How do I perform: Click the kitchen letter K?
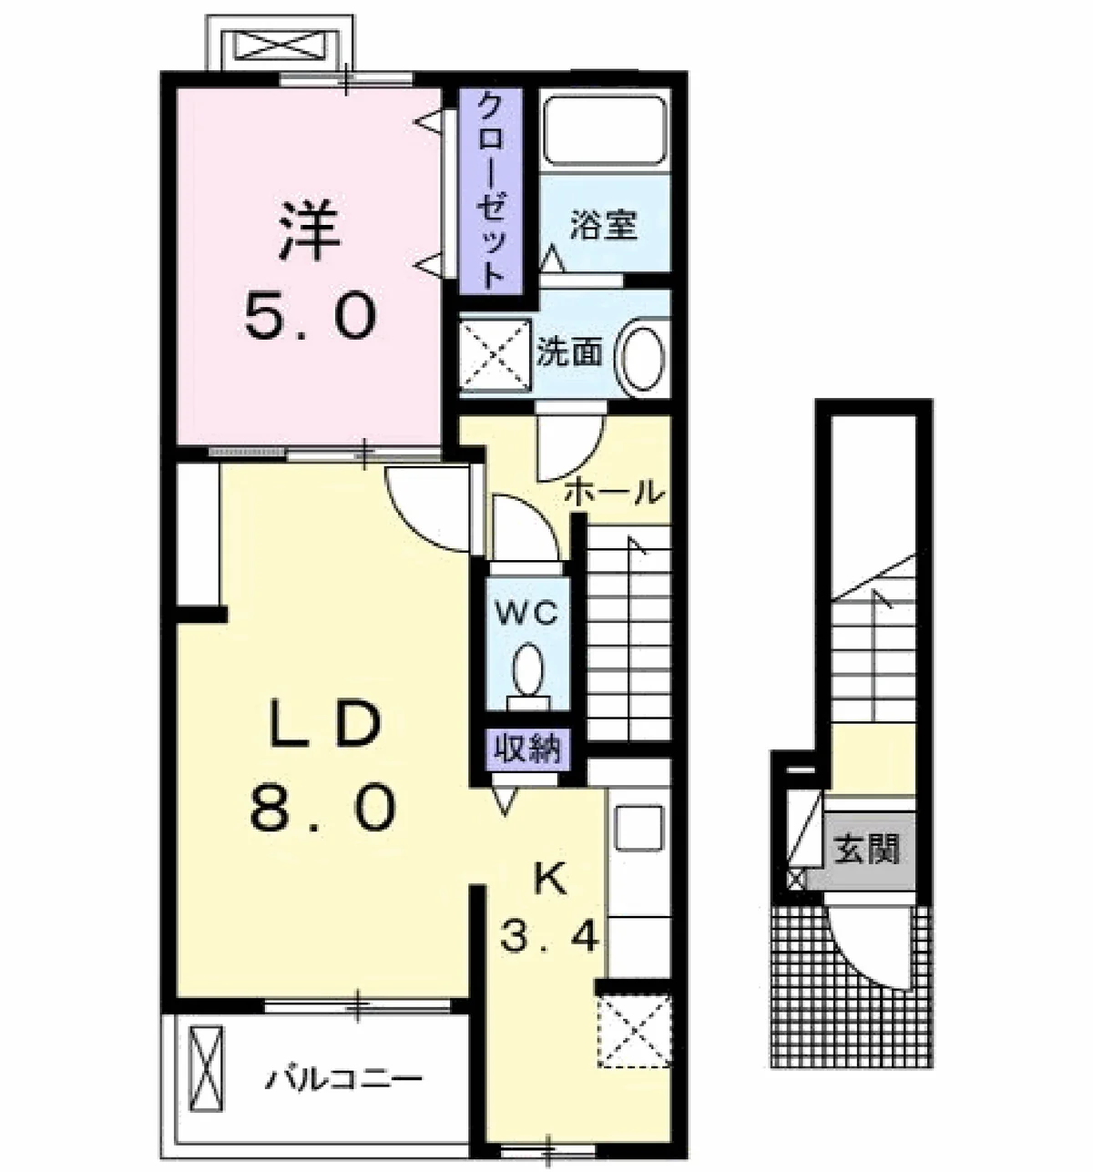click(x=551, y=882)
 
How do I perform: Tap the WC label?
click(x=526, y=615)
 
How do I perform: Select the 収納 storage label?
click(x=528, y=749)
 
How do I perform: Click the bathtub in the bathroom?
click(x=606, y=130)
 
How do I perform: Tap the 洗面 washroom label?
click(x=569, y=353)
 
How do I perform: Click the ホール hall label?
click(x=614, y=492)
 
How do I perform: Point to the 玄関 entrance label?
click(x=866, y=850)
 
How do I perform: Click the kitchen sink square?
click(x=639, y=827)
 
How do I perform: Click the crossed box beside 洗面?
click(x=495, y=354)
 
